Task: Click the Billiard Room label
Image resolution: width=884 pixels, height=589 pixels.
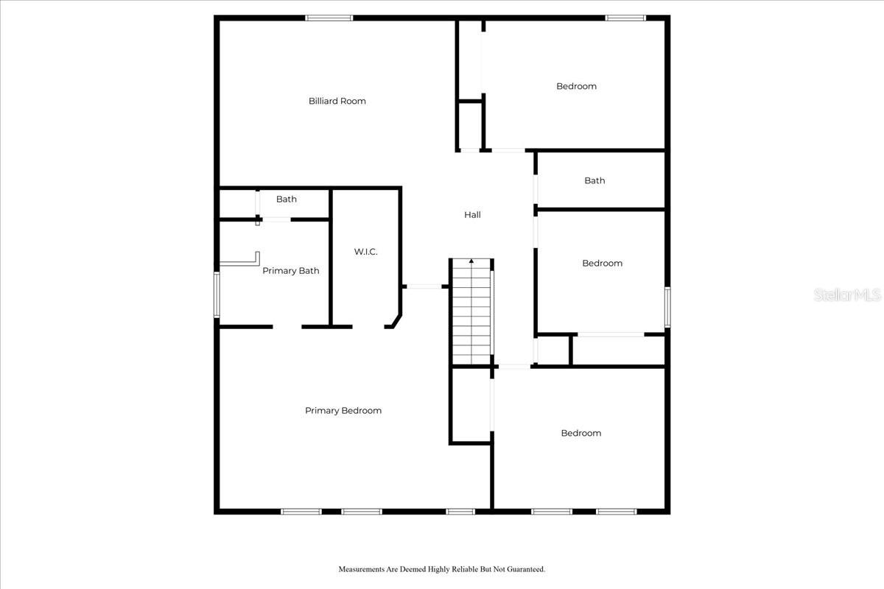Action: pos(337,101)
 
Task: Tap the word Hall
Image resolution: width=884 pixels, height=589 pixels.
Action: pos(472,215)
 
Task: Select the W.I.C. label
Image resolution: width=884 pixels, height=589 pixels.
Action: pos(365,252)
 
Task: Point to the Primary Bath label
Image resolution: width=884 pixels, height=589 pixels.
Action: pos(291,271)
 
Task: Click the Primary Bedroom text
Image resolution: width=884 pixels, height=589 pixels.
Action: pos(343,411)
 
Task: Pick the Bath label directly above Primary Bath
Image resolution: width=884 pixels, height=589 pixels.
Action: pos(287,200)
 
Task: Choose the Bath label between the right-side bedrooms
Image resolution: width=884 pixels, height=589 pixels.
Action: pos(594,180)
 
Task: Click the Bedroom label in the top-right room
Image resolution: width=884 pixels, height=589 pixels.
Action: pos(576,86)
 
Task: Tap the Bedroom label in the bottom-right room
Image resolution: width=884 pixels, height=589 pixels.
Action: pos(580,433)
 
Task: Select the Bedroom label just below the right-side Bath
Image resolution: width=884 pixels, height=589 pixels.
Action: pos(602,264)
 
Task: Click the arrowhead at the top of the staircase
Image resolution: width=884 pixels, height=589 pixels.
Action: pos(471,261)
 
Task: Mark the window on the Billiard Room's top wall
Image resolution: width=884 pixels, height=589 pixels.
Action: pos(329,18)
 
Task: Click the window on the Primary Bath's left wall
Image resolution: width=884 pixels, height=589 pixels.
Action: pos(217,294)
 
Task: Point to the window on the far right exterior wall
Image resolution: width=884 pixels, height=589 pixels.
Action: pos(667,307)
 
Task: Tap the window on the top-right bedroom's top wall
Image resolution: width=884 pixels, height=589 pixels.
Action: pos(625,18)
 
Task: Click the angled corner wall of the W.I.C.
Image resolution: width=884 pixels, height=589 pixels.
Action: pos(396,322)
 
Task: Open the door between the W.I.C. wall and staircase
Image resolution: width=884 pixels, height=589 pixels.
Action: pos(424,286)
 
